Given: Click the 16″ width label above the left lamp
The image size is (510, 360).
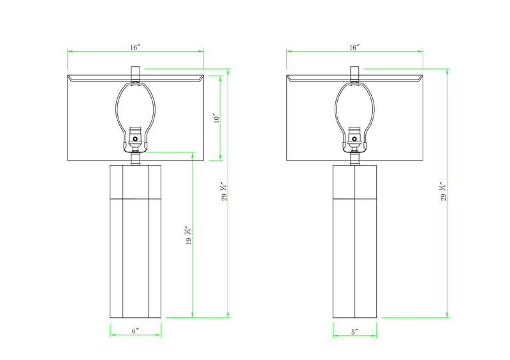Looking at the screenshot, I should pyautogui.click(x=135, y=47).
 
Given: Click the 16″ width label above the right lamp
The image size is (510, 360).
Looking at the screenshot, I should pyautogui.click(x=354, y=47).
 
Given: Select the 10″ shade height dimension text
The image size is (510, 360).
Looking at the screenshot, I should pyautogui.click(x=216, y=118).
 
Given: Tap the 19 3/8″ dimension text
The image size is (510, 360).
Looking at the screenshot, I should pyautogui.click(x=188, y=236).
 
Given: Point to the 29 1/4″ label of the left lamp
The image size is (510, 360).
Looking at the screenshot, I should pyautogui.click(x=224, y=191).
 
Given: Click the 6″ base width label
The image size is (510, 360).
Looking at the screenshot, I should pyautogui.click(x=135, y=331).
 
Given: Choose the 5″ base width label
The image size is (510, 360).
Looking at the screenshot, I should pyautogui.click(x=354, y=331).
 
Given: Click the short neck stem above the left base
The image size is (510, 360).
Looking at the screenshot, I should pyautogui.click(x=135, y=159).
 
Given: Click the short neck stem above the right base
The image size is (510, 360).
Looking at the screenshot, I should pyautogui.click(x=354, y=159).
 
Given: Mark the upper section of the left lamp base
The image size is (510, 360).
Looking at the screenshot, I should pyautogui.click(x=135, y=182).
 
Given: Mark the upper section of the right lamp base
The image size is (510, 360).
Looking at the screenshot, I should pyautogui.click(x=354, y=182).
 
